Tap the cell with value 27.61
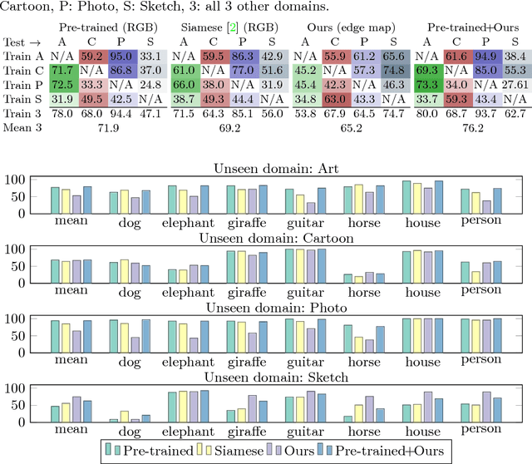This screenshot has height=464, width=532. click(515, 85)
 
